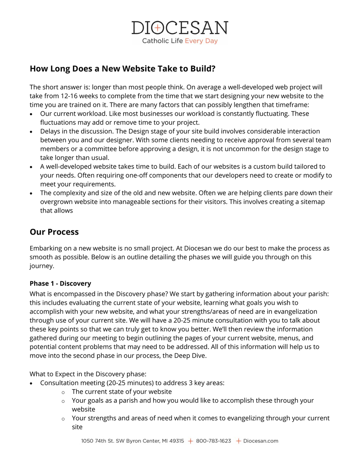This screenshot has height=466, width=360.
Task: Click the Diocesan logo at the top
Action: click(x=179, y=28)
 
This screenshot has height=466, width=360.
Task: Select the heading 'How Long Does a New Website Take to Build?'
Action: click(x=122, y=69)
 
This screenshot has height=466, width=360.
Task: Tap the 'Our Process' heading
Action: click(x=54, y=232)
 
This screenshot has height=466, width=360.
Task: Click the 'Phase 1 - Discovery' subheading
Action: click(x=60, y=283)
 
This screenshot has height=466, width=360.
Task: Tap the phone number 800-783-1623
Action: click(x=213, y=441)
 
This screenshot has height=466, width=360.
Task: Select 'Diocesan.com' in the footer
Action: click(x=261, y=441)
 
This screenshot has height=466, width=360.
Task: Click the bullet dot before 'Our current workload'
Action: click(x=31, y=114)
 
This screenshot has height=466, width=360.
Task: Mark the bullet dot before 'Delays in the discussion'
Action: click(x=31, y=132)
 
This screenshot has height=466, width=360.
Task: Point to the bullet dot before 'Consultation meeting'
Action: click(x=31, y=383)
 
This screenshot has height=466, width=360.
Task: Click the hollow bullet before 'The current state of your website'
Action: click(x=63, y=392)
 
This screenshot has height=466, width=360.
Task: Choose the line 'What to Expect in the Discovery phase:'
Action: click(x=88, y=374)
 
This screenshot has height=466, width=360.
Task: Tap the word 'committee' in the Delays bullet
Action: click(x=96, y=149)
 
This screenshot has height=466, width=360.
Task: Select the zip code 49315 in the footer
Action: click(x=176, y=441)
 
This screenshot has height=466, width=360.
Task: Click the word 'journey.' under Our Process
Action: click(x=42, y=266)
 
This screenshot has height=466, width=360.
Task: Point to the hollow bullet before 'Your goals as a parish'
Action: click(x=63, y=401)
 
